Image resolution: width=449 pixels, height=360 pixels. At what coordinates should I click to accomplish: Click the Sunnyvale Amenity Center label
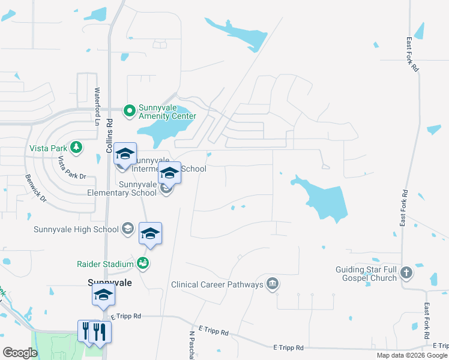[x=167, y=112]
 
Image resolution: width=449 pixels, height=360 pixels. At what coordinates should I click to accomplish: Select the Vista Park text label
[x=47, y=148]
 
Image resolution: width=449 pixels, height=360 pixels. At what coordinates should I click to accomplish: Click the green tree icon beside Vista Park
[x=76, y=147]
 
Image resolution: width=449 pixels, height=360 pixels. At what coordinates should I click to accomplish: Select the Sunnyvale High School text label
[x=76, y=229]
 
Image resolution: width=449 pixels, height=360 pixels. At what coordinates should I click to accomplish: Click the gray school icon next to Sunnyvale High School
[x=127, y=228]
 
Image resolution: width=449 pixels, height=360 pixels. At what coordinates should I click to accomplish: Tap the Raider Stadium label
[x=104, y=263]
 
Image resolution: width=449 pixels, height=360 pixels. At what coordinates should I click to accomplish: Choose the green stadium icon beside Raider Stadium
[x=142, y=262]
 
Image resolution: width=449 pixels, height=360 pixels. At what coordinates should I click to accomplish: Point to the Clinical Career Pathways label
[x=217, y=284]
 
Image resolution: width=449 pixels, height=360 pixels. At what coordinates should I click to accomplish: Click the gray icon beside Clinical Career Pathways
[x=273, y=284]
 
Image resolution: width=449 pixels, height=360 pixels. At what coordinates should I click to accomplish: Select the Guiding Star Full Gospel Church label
[x=366, y=274]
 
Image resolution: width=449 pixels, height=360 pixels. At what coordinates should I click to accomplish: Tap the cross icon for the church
[x=406, y=273]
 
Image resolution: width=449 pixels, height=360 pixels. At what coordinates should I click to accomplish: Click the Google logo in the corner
[x=20, y=353]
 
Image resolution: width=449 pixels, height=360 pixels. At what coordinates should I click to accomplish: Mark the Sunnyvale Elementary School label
[x=122, y=188]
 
